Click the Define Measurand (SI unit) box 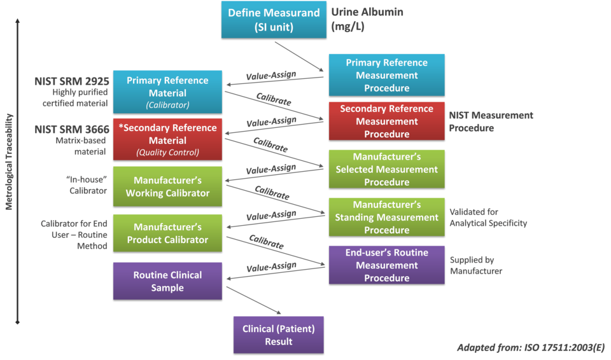tap(274, 19)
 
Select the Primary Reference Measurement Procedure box tap(386, 75)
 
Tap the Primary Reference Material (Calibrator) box tap(167, 92)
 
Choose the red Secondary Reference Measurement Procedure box tap(386, 121)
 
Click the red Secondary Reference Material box tap(167, 139)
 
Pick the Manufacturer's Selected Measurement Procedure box tap(386, 169)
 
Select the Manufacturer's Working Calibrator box tap(167, 186)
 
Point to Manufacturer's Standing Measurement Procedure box tap(386, 217)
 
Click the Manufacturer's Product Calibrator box tap(167, 233)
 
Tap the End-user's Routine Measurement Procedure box tap(386, 265)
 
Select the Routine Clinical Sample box tap(167, 281)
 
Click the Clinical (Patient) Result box tap(278, 335)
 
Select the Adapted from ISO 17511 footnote tap(531, 347)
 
